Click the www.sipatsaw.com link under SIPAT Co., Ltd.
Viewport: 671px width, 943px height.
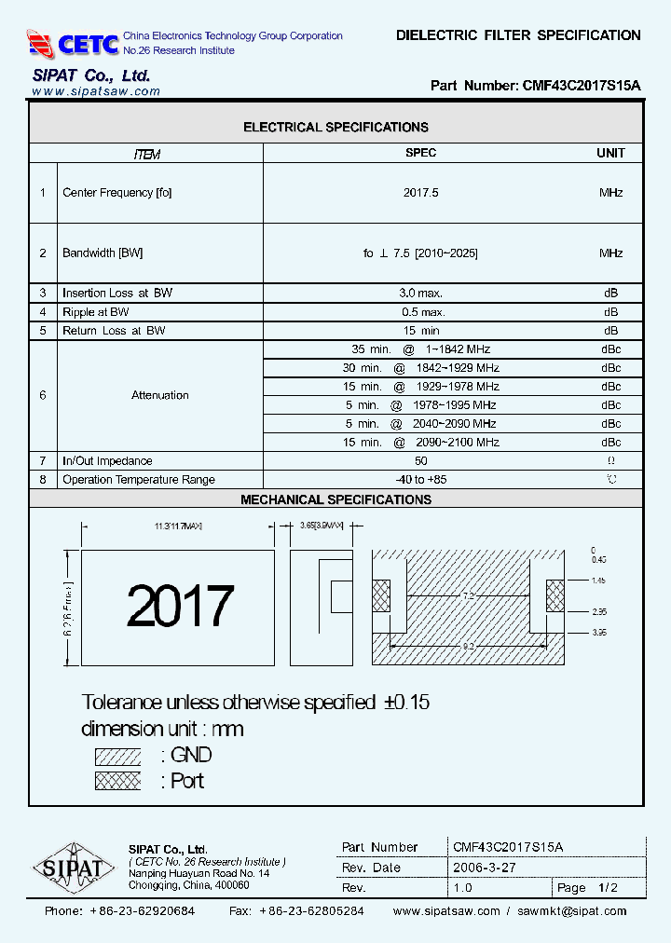pyautogui.click(x=96, y=91)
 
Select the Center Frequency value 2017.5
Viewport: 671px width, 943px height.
pyautogui.click(x=420, y=193)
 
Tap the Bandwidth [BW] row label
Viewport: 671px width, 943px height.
pyautogui.click(x=103, y=253)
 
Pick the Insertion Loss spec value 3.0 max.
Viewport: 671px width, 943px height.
pyautogui.click(x=420, y=293)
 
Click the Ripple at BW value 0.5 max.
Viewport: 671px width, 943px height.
pyautogui.click(x=420, y=312)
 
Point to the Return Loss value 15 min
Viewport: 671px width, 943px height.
pyautogui.click(x=420, y=331)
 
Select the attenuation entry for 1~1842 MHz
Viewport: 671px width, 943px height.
pyautogui.click(x=420, y=349)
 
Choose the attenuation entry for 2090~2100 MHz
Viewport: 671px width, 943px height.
pyautogui.click(x=420, y=443)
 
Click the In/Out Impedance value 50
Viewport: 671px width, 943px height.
pyautogui.click(x=420, y=461)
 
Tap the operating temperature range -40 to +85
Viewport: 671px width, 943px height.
pyautogui.click(x=420, y=480)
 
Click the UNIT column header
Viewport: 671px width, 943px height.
pyautogui.click(x=610, y=153)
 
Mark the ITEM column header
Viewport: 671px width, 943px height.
pyautogui.click(x=146, y=154)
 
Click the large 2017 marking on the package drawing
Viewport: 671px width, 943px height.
pyautogui.click(x=180, y=607)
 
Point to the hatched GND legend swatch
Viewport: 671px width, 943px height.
pyautogui.click(x=117, y=756)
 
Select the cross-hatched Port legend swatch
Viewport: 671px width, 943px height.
pyautogui.click(x=117, y=781)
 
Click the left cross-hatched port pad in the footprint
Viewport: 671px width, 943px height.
pyautogui.click(x=382, y=595)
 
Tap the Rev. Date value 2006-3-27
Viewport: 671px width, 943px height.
pyautogui.click(x=484, y=868)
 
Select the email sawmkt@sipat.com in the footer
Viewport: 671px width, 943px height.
pyautogui.click(x=572, y=911)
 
